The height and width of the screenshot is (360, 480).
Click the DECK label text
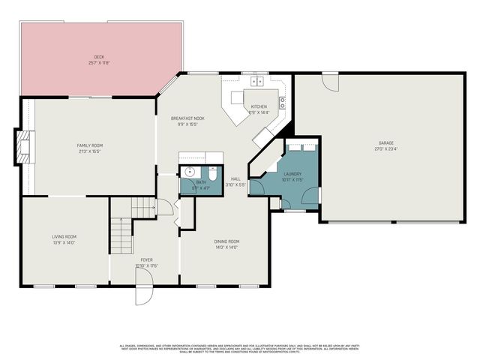pyautogui.click(x=98, y=57)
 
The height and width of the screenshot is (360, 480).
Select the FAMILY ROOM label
pyautogui.click(x=90, y=145)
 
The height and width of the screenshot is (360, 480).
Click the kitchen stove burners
pyautogui.click(x=283, y=103)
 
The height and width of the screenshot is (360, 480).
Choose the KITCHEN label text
pyautogui.click(x=259, y=107)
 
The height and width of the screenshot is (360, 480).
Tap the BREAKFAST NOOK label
pyautogui.click(x=187, y=118)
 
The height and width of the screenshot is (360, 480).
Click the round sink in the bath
pyautogui.click(x=187, y=172)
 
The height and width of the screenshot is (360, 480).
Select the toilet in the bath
pyautogui.click(x=215, y=172)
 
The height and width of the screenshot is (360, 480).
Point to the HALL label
pyautogui.click(x=235, y=178)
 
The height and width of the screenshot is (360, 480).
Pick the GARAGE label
pyautogui.click(x=385, y=143)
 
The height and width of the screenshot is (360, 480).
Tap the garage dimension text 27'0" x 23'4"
pyautogui.click(x=385, y=148)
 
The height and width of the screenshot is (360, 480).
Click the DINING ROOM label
pyautogui.click(x=226, y=241)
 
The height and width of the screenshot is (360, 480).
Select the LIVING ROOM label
pyautogui.click(x=64, y=237)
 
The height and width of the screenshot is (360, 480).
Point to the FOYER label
pyautogui.click(x=146, y=259)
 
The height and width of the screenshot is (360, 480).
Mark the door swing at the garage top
pyautogui.click(x=330, y=82)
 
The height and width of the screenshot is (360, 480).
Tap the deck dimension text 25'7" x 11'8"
pyautogui.click(x=98, y=63)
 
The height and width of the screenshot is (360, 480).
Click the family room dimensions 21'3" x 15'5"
pyautogui.click(x=90, y=151)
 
